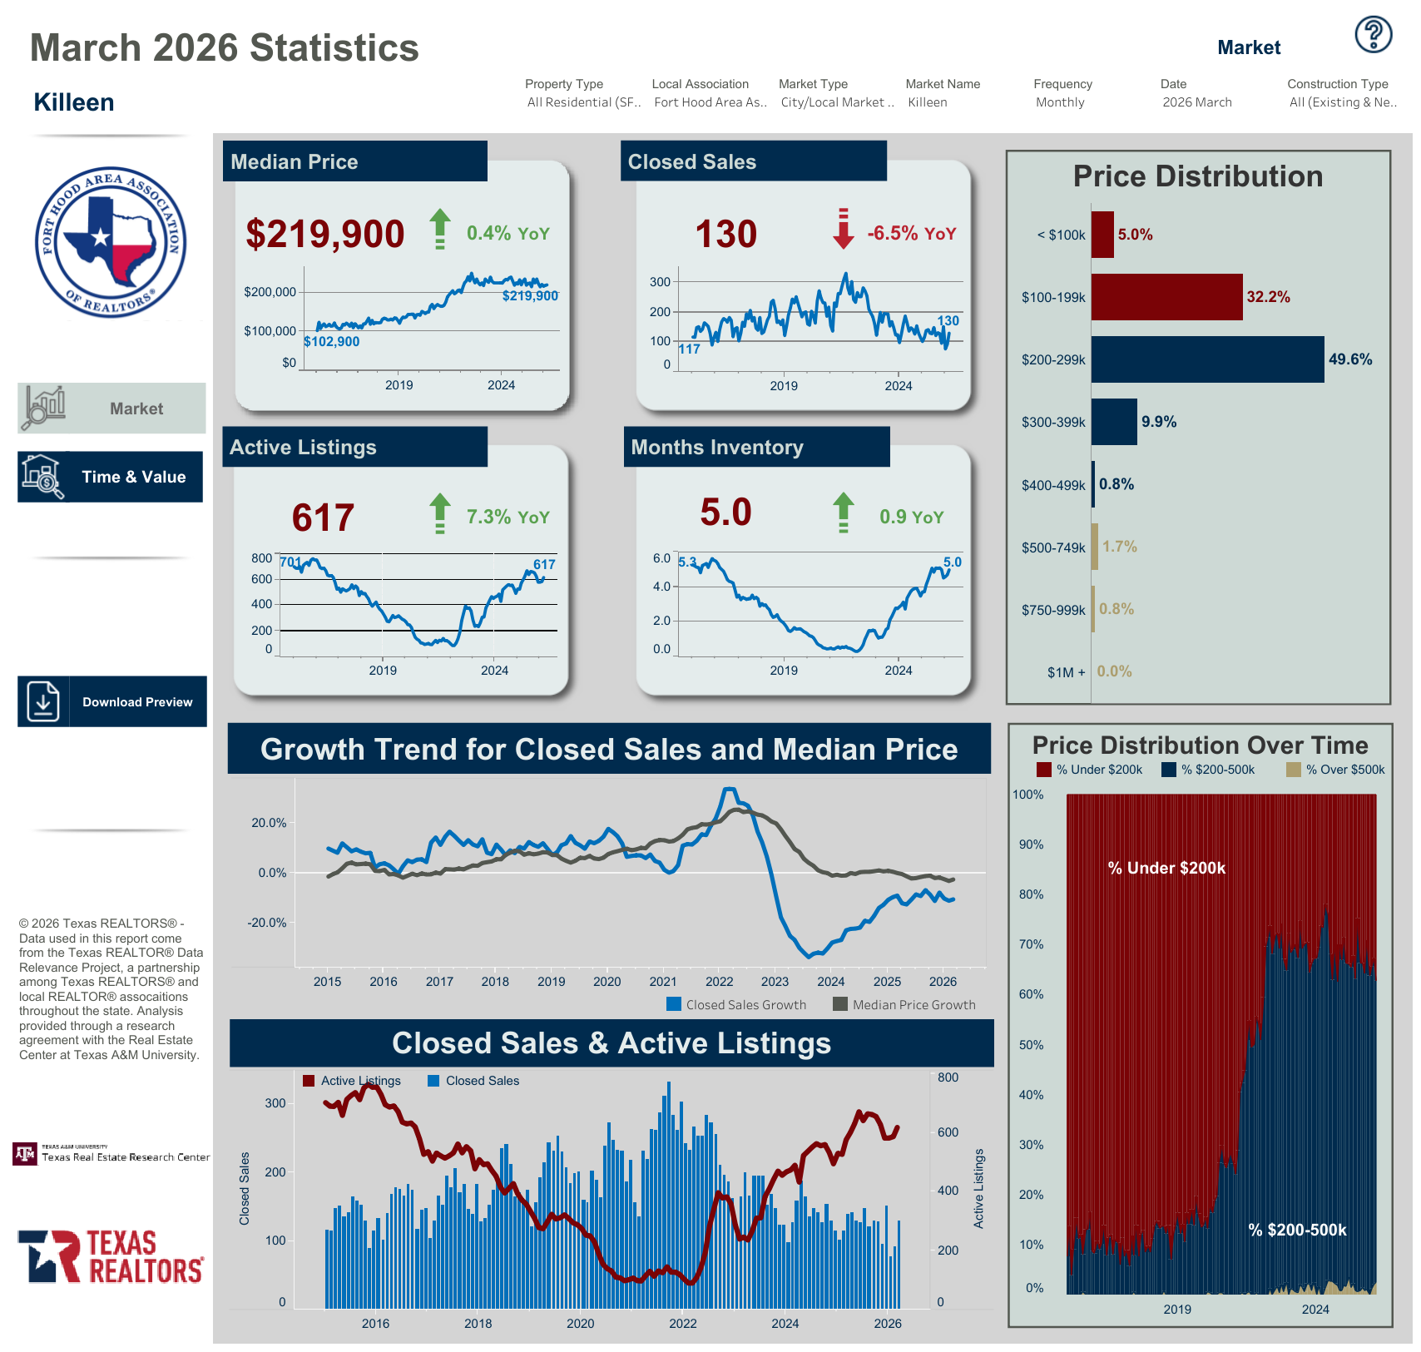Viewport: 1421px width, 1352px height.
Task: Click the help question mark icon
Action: click(1373, 35)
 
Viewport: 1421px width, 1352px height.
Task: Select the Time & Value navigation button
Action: click(111, 477)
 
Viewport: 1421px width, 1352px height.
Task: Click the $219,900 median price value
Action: click(325, 234)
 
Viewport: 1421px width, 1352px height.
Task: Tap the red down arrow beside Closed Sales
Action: click(843, 229)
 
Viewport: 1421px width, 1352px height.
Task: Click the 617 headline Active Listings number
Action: click(323, 518)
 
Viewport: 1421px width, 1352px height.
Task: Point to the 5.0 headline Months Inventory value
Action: click(725, 513)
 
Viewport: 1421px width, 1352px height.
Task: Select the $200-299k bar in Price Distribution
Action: click(1207, 359)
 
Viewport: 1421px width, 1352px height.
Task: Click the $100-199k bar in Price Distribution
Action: click(1166, 297)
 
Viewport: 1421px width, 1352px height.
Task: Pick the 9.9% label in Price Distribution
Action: click(1159, 422)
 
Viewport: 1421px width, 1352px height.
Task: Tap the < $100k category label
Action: click(1061, 235)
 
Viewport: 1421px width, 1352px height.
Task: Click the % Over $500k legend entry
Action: click(1336, 770)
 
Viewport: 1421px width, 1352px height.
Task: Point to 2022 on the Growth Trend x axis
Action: click(719, 982)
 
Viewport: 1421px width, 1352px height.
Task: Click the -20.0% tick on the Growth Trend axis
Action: click(266, 923)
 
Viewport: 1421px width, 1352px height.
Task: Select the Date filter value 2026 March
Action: click(1197, 102)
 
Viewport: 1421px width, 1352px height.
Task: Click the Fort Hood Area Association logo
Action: click(111, 242)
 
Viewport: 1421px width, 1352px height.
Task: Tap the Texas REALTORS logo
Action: click(111, 1256)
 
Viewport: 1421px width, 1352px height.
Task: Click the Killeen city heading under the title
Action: click(74, 102)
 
